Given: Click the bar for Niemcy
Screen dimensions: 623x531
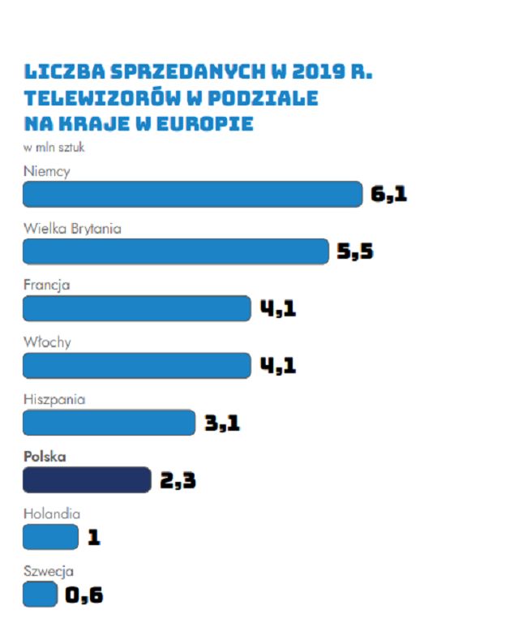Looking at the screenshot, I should (x=192, y=195).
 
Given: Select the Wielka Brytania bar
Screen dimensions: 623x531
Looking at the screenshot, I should (x=175, y=251).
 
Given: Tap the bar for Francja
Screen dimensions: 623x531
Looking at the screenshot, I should (x=137, y=308).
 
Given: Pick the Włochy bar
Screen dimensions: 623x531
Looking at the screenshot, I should (x=137, y=366).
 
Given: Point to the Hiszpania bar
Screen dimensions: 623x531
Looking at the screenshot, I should (x=109, y=423).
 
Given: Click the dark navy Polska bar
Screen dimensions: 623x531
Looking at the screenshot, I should (x=87, y=480).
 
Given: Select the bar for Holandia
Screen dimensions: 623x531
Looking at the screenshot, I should (x=50, y=537).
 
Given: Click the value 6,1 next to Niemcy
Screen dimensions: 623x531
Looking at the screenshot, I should (x=389, y=195).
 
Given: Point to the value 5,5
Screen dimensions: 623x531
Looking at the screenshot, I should (x=355, y=252).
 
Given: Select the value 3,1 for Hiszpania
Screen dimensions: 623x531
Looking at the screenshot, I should (x=222, y=423).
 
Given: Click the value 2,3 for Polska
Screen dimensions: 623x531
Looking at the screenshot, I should (x=178, y=481).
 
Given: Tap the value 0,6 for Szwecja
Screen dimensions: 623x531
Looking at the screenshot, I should (x=84, y=595).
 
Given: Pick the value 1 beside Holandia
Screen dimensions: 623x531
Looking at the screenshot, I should (x=94, y=538).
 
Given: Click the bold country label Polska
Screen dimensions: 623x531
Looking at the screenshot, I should (x=45, y=457).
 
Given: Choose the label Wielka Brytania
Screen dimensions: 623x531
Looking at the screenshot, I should (x=72, y=229).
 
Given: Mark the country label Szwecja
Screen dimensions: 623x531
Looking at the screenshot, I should (x=48, y=570).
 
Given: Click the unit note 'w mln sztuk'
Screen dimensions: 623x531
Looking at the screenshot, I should (x=54, y=148).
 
